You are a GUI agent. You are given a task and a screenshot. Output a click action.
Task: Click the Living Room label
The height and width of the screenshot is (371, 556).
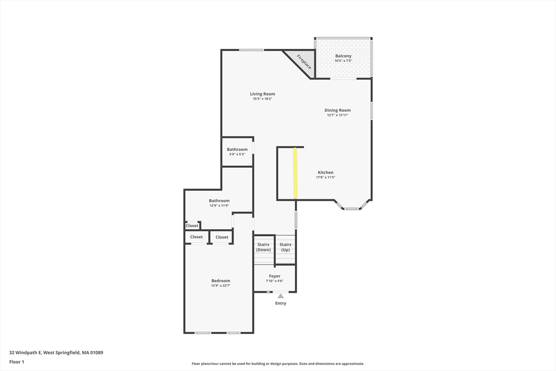(262, 94)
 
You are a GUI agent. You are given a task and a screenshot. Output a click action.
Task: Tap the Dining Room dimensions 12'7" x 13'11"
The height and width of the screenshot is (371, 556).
(338, 115)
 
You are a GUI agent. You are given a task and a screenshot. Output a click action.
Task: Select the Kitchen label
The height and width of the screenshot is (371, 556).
(325, 172)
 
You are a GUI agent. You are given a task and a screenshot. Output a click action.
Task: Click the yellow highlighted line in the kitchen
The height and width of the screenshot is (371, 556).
(295, 173)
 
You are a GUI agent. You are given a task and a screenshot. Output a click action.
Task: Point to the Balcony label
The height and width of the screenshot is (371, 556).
(343, 56)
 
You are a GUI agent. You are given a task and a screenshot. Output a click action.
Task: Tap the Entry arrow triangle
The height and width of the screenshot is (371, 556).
(280, 296)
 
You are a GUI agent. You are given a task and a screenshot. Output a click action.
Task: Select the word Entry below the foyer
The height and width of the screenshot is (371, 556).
(280, 303)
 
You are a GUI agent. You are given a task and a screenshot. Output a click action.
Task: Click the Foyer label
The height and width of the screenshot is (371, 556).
(275, 276)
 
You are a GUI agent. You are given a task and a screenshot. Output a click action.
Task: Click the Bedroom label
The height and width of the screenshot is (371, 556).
(220, 280)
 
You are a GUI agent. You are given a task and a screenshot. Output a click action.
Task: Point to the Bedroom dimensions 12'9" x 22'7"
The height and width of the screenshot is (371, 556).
(220, 286)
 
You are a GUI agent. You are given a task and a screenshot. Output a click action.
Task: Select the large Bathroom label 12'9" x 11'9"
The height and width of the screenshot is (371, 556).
(219, 200)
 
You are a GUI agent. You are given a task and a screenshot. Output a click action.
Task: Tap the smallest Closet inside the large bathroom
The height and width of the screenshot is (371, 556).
(192, 225)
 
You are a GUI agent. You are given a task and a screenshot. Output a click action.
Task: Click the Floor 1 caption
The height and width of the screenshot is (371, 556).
(17, 362)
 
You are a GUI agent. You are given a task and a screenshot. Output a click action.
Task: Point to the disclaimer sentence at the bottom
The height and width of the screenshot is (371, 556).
(277, 364)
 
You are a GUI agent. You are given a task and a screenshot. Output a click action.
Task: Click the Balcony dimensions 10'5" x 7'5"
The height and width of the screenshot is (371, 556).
(343, 61)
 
